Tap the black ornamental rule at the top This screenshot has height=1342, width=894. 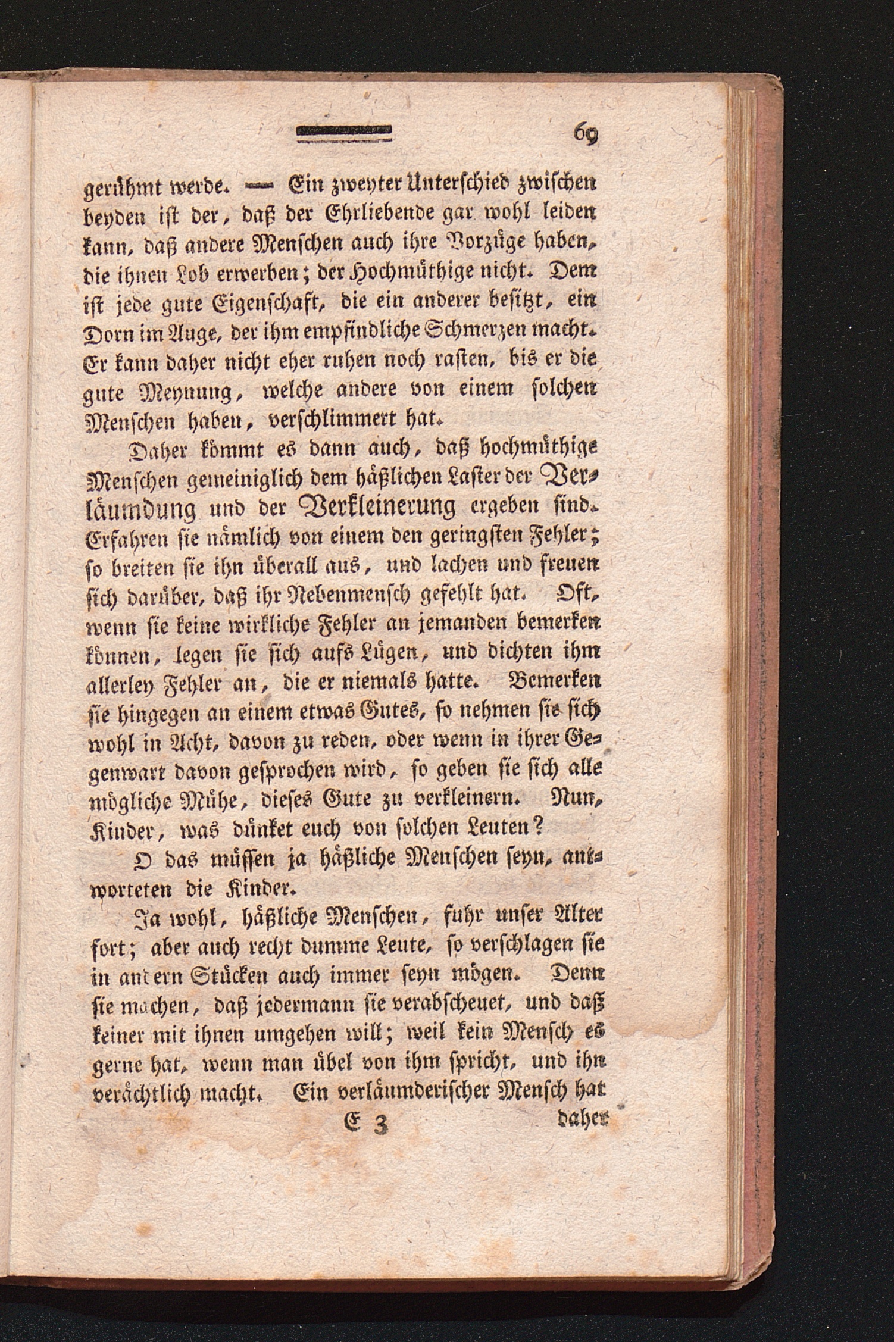point(345,134)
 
